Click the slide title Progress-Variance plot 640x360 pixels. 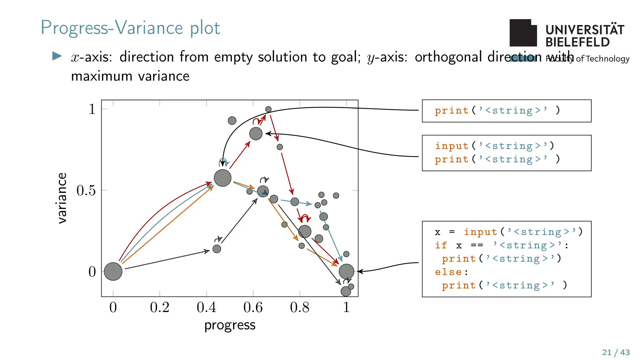click(130, 28)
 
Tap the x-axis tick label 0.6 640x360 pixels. click(253, 307)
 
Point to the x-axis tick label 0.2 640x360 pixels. click(159, 307)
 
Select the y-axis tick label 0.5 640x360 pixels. click(86, 190)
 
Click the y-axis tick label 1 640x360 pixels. click(92, 109)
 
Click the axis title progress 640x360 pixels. click(230, 325)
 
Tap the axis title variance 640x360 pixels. click(62, 198)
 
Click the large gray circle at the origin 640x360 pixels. click(113, 271)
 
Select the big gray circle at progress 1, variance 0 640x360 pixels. click(346, 271)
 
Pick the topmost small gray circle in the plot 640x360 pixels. click(268, 109)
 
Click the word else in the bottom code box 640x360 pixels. click(448, 272)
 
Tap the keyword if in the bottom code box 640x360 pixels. click(441, 245)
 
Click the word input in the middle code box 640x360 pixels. click(452, 146)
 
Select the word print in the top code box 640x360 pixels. click(452, 111)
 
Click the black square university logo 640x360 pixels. click(523, 33)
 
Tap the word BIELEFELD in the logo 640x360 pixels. click(577, 42)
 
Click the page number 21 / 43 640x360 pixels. click(616, 352)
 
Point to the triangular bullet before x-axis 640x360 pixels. click(57, 56)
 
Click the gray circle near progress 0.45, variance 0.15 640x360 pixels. click(217, 249)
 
